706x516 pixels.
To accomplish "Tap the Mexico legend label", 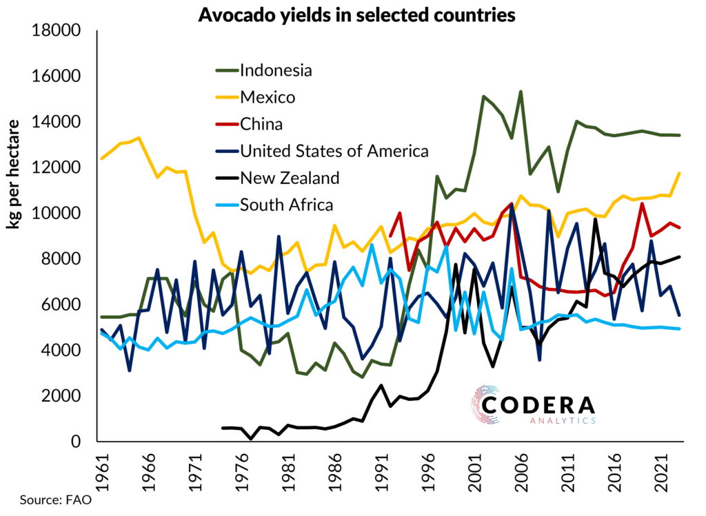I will (268, 97).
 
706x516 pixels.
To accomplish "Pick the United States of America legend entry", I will (334, 151).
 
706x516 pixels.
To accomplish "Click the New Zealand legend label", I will (290, 178).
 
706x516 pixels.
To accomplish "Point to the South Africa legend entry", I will (286, 205).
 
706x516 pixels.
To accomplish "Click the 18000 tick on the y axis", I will (54, 31).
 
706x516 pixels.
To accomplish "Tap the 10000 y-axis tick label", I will (54, 214).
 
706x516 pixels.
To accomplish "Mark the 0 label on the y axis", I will (77, 442).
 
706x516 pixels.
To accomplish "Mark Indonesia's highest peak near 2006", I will (521, 92).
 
